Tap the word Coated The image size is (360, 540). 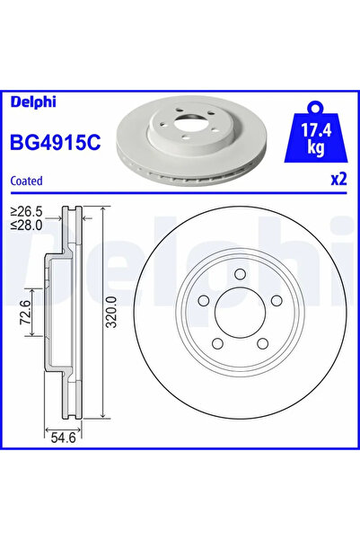coord(27,180)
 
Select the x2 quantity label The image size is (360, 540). coord(338,179)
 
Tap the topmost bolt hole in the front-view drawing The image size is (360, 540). coord(240,275)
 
